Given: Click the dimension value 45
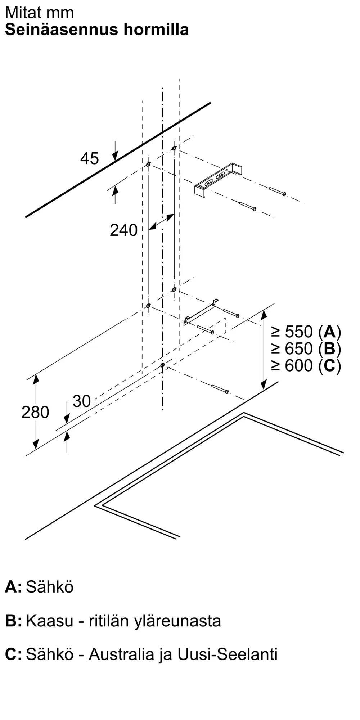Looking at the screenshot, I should (89, 158).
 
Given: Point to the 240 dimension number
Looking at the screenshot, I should (123, 230).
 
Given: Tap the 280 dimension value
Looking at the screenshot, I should (35, 412).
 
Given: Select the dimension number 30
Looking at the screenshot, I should (82, 401).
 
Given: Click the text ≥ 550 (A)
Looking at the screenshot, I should (306, 332).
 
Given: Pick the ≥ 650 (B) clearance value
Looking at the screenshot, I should (306, 348).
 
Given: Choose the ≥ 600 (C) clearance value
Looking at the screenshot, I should (306, 366).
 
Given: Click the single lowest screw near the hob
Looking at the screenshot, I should (220, 389).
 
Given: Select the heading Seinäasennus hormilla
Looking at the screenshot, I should (97, 30).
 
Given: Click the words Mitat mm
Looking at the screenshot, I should (39, 13).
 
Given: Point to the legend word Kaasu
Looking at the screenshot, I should (49, 621).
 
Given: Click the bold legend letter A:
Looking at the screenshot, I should (13, 587).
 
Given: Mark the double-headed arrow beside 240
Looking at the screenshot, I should (161, 222).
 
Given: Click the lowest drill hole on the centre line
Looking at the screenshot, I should (162, 365).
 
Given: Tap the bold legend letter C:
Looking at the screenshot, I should (13, 654).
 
